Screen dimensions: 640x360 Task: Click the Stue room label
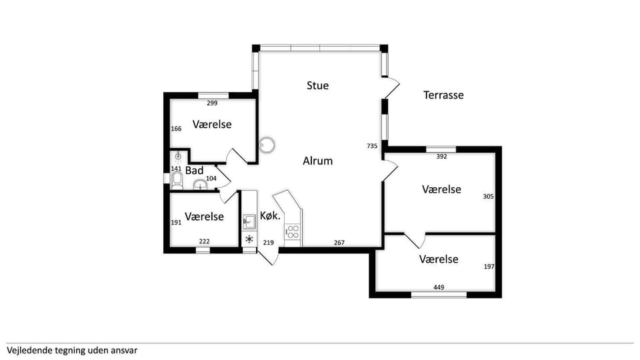click(317, 85)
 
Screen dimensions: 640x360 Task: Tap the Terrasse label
click(443, 95)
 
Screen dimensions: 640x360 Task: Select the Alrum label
click(317, 161)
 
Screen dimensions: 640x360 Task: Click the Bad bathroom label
click(194, 170)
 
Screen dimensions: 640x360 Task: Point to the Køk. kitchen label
click(270, 216)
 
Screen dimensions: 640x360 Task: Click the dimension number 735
click(372, 146)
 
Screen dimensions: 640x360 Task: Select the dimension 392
click(441, 156)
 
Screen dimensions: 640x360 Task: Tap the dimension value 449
click(439, 287)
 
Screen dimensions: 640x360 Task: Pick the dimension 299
click(212, 103)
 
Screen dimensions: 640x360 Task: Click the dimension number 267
click(339, 243)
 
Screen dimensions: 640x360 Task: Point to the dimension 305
click(489, 196)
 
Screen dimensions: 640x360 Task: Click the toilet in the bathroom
click(177, 181)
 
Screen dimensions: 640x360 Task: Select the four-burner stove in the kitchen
click(293, 232)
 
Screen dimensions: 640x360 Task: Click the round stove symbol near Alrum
click(267, 145)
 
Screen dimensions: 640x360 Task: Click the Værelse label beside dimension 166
click(212, 124)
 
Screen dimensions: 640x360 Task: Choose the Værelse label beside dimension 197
click(439, 259)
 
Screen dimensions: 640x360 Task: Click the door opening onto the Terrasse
click(391, 88)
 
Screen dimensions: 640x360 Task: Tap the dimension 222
click(205, 241)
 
